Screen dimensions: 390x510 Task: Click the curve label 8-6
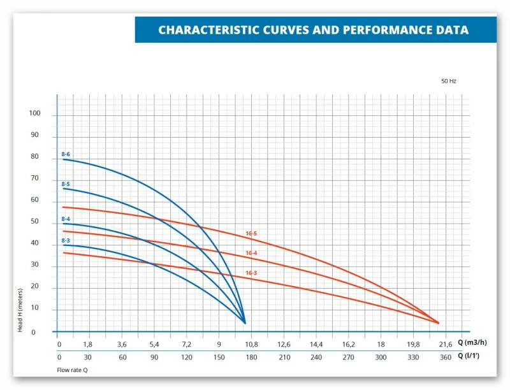coord(66,154)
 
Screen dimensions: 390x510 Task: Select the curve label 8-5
coord(66,184)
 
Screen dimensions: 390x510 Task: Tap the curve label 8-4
coord(66,219)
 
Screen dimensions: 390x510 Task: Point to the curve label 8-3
coord(66,240)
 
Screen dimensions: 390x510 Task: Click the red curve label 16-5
coord(251,233)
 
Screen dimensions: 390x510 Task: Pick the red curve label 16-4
coord(251,253)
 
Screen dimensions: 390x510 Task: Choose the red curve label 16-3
coord(251,273)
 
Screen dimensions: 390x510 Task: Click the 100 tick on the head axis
coord(34,113)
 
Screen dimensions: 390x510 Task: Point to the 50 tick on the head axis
coord(34,222)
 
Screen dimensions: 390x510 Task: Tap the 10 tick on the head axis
coord(34,308)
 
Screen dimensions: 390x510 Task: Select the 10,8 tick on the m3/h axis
coord(251,344)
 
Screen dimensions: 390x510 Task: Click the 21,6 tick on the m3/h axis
coord(446,344)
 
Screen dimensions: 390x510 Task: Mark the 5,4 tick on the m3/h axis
coord(154,344)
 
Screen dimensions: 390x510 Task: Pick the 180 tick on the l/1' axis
coord(251,357)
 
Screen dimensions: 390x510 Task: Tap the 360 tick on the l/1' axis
coord(446,357)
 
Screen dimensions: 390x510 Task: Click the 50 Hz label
coord(449,82)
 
